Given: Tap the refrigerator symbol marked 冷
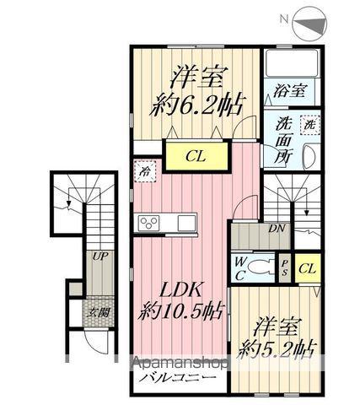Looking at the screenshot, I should click(141, 168).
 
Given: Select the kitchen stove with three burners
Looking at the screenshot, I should click(149, 223).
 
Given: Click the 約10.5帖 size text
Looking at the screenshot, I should click(182, 311).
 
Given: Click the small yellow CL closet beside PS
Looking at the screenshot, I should click(307, 267).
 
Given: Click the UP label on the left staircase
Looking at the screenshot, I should click(99, 256).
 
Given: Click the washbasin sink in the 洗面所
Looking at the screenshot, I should click(308, 157).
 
